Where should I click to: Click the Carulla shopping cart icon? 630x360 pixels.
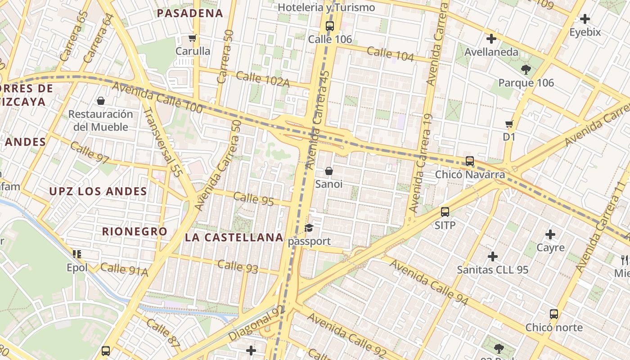point(193,38)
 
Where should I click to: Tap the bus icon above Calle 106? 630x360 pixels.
point(330,26)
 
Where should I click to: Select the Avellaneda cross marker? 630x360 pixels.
point(491,39)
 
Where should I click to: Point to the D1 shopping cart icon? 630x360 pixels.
point(509,124)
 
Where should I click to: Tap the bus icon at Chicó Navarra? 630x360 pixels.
point(470,161)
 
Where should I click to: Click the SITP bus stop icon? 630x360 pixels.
point(445,212)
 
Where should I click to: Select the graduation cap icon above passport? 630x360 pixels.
point(309,228)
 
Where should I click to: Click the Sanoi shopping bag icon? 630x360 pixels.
point(329,171)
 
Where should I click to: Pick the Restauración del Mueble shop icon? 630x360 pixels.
point(101,101)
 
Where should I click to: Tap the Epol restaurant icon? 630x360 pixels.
point(77,255)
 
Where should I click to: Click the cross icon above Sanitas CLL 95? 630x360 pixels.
point(493,257)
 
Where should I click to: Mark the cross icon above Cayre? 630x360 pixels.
point(550,234)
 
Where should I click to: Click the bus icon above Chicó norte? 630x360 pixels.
point(554,314)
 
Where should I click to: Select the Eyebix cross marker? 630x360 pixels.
point(585,19)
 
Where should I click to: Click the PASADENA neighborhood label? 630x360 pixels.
point(190,13)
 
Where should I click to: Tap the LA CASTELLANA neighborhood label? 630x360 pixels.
point(234,238)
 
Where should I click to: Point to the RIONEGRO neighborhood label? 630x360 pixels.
point(135,232)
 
